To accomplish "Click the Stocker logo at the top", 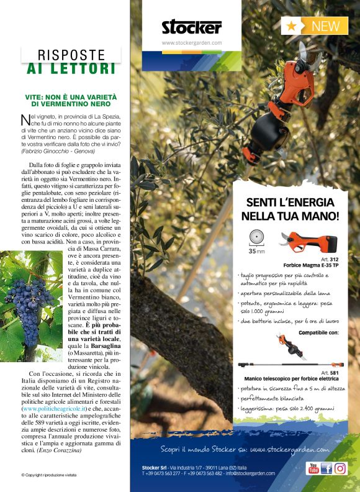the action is pyautogui.click(x=191, y=27).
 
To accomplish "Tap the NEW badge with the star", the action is pyautogui.click(x=315, y=26).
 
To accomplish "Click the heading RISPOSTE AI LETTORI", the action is pyautogui.click(x=71, y=61).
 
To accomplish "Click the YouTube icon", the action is pyautogui.click(x=313, y=468).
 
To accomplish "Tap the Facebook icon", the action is pyautogui.click(x=326, y=468).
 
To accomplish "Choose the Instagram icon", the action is pyautogui.click(x=340, y=468).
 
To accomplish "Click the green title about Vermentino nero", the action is pyautogui.click(x=71, y=102).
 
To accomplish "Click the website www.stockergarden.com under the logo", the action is pyautogui.click(x=191, y=43).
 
